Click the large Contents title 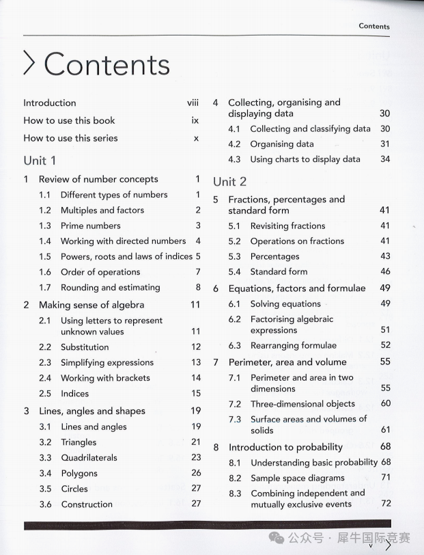coord(107,64)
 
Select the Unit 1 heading coord(40,160)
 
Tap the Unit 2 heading coord(229,181)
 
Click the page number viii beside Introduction coord(193,103)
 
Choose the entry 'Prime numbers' coord(90,226)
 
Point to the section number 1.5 coord(45,256)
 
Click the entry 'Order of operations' coord(100,272)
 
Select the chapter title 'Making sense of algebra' coord(91,305)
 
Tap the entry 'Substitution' coord(85,347)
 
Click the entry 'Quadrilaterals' coord(89,458)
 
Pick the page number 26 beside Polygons coord(196,473)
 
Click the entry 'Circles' coord(74,489)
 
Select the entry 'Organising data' coord(282,144)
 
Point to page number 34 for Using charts coord(385,159)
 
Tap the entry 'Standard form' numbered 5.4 coord(279,272)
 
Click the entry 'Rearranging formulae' coord(293,346)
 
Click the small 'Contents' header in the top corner coord(374,27)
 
